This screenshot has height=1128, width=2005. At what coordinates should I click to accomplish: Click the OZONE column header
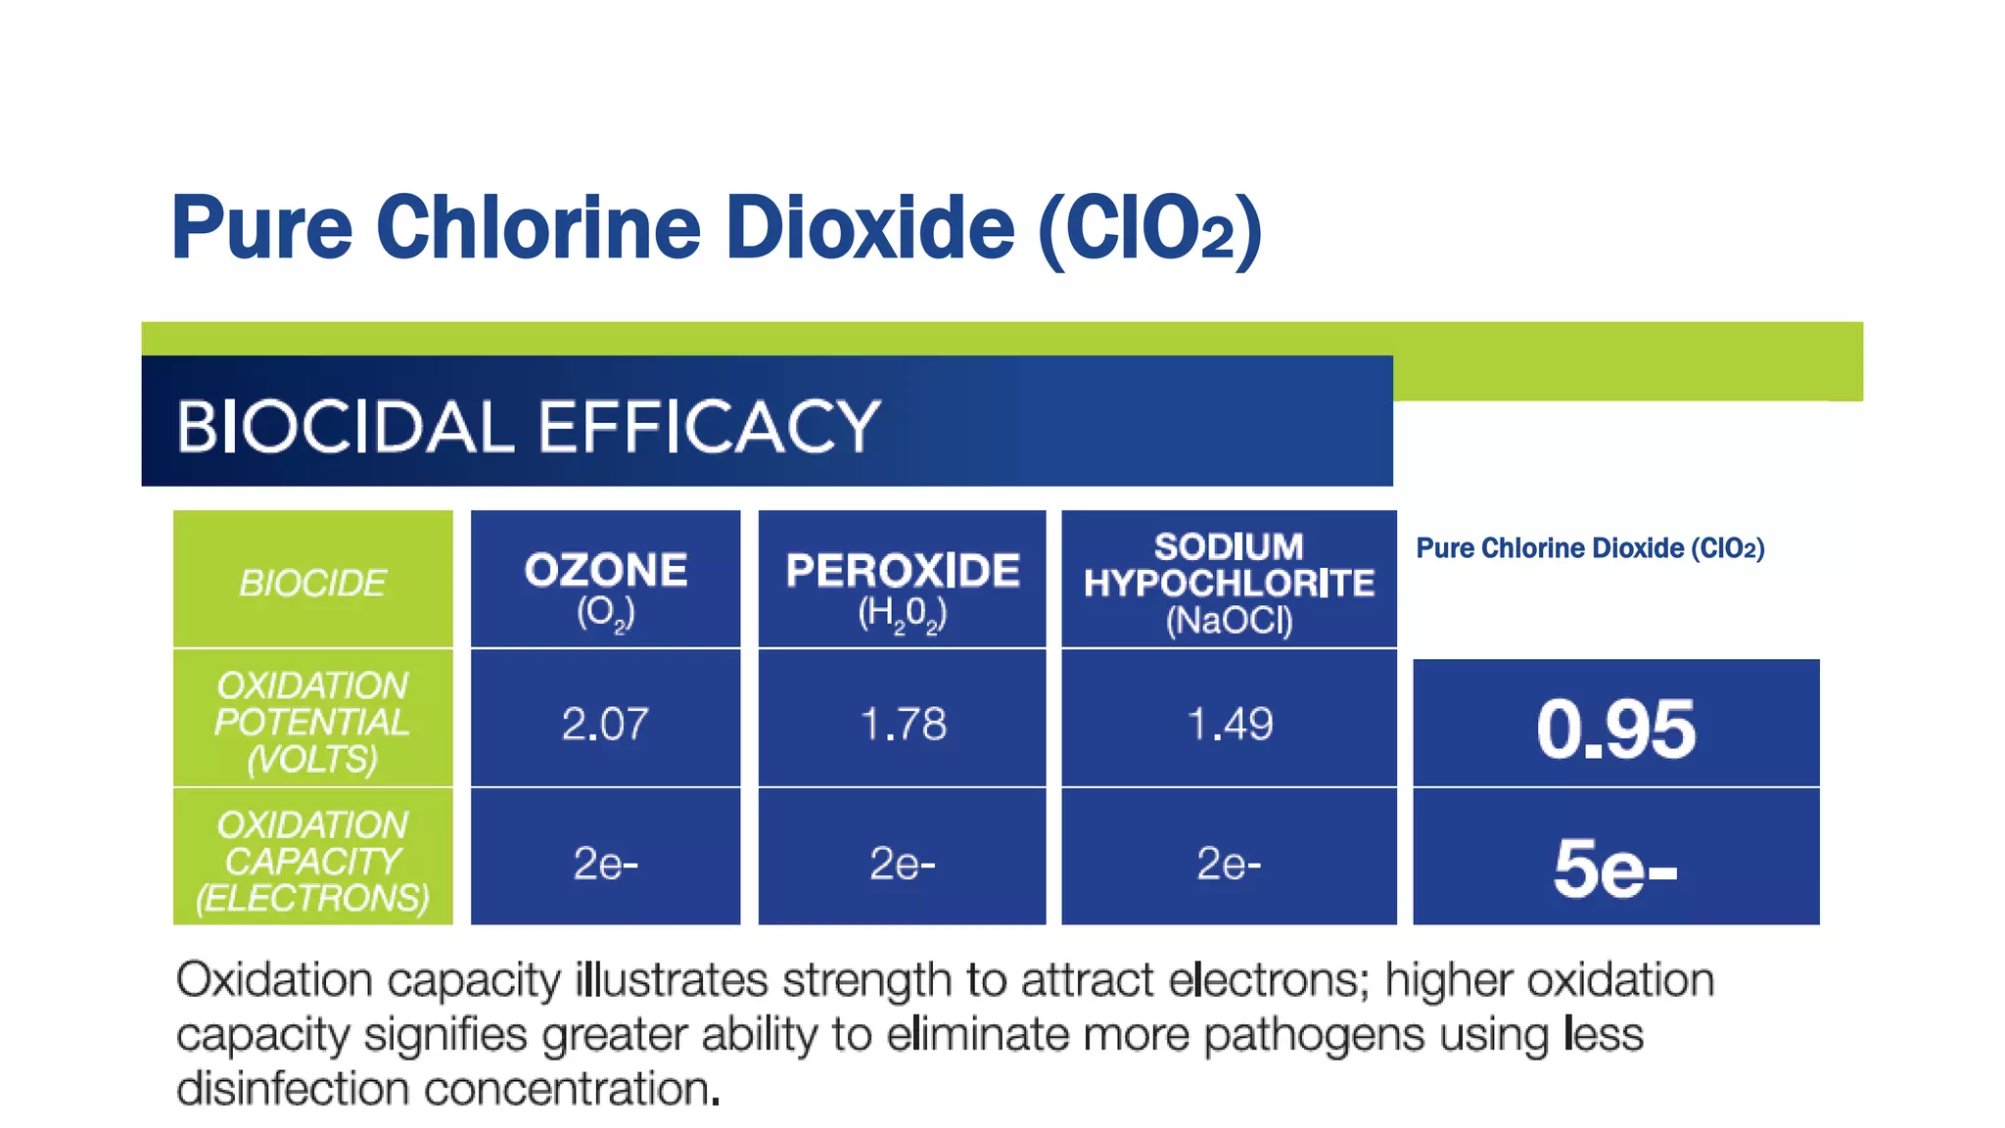point(605,580)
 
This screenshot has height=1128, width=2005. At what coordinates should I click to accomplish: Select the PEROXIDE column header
point(902,580)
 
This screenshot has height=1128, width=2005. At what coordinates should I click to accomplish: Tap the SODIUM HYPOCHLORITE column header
point(1229,580)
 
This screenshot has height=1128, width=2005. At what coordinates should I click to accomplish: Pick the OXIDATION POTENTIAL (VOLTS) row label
point(312,722)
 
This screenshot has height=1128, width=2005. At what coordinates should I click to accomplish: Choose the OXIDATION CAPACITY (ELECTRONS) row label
point(312,861)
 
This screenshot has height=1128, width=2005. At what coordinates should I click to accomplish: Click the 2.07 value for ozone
point(605,724)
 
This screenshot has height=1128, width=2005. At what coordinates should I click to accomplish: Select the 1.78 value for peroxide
point(902,724)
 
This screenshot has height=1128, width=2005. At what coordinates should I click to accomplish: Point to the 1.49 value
point(1229,724)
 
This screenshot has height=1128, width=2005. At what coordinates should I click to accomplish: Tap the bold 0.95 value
point(1615,728)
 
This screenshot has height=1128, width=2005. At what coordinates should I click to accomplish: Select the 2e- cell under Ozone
point(605,863)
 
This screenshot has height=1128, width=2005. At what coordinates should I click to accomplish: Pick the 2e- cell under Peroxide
point(902,863)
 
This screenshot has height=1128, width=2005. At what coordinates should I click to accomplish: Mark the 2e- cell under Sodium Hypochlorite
point(1229,863)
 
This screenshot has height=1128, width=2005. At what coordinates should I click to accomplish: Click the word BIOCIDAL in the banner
point(345,427)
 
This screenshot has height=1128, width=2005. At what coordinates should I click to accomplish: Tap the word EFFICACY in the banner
point(709,427)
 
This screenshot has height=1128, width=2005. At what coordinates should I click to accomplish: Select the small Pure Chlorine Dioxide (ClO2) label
point(1590,547)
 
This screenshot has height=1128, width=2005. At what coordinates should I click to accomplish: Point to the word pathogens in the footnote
point(1313,1034)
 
